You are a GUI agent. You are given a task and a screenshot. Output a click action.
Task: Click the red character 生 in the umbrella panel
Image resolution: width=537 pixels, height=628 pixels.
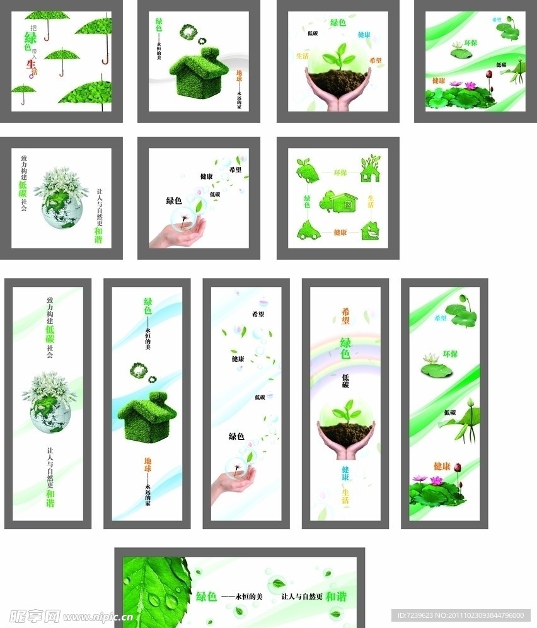30,63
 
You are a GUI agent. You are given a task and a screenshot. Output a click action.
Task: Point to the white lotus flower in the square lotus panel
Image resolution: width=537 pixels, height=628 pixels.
456,45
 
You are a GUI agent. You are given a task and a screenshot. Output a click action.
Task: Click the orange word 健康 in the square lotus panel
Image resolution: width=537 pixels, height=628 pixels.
439,81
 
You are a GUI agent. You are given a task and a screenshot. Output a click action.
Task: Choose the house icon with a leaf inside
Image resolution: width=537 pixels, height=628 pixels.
370,231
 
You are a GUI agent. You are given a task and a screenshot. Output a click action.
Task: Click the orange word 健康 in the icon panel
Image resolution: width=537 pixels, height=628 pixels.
340,233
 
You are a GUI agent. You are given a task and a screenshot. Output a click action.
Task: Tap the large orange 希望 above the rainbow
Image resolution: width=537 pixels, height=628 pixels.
345,315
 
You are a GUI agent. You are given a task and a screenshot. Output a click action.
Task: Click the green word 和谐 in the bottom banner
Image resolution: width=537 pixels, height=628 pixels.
336,596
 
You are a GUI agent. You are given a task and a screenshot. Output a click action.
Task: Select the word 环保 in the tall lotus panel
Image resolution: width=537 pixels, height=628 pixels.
450,354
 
